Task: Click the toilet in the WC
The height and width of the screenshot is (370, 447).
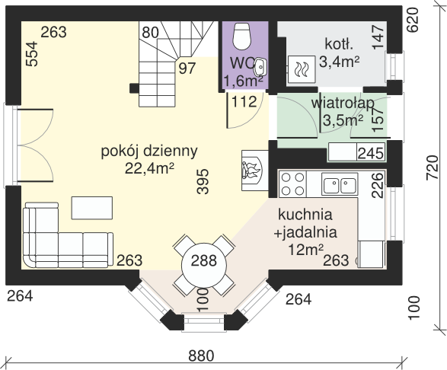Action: [x=241, y=36]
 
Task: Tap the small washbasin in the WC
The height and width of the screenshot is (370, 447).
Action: [x=260, y=67]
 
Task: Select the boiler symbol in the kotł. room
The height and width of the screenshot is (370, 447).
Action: [x=302, y=69]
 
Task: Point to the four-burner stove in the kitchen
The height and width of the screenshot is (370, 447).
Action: [x=292, y=184]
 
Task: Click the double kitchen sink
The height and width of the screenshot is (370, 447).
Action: [x=340, y=184]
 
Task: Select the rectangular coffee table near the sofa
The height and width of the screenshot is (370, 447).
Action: [x=92, y=208]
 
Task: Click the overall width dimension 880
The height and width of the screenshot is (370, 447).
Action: [x=201, y=356]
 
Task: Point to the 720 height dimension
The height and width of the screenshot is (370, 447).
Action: [x=433, y=167]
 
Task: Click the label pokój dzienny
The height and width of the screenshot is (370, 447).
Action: [x=149, y=151]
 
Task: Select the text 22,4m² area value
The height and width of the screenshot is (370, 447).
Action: [x=149, y=168]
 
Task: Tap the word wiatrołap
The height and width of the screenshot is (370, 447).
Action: [x=343, y=103]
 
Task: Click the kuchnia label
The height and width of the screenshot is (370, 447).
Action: [x=305, y=215]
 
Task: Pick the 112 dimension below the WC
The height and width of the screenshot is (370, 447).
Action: [x=244, y=102]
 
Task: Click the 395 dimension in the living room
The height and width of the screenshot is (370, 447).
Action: [x=203, y=182]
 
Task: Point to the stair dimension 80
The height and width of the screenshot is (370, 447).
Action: [x=150, y=32]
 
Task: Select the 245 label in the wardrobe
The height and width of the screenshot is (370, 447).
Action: [x=371, y=154]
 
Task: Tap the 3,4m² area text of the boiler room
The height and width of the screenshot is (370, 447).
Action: [x=339, y=62]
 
